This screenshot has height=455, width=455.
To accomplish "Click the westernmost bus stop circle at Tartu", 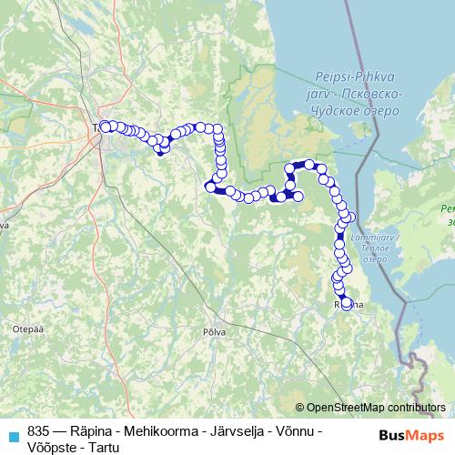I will [105, 126].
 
